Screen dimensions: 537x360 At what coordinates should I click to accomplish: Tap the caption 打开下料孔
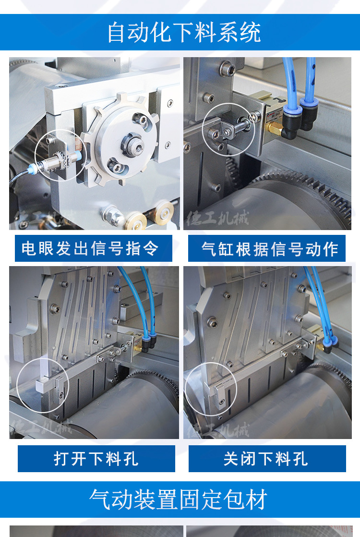click(x=96, y=459)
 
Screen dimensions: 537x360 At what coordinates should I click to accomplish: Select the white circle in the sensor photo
click(x=60, y=155)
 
